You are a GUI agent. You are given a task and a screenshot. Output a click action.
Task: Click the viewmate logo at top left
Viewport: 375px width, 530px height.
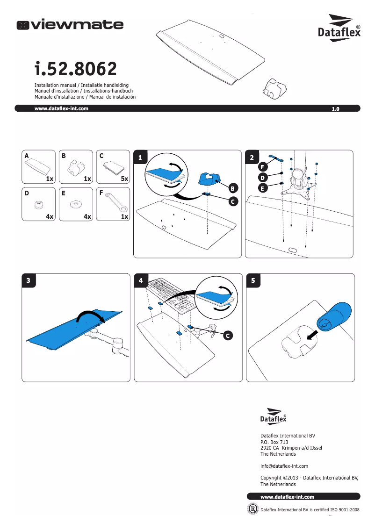70,24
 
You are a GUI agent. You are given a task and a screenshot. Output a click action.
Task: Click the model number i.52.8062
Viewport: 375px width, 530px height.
75,69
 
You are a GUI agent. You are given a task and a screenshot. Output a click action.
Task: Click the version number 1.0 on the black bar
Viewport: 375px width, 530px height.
335,109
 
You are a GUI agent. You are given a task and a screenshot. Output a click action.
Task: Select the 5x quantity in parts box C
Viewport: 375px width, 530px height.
124,179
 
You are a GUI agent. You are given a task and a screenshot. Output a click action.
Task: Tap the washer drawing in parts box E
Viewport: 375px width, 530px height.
75,204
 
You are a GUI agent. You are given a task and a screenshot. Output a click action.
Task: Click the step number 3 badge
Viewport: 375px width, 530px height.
29,280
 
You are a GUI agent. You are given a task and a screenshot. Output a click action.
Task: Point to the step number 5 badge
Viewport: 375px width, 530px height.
253,280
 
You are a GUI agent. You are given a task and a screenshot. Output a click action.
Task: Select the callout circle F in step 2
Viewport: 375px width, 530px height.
263,166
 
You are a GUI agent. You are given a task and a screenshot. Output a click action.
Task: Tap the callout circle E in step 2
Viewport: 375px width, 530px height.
263,188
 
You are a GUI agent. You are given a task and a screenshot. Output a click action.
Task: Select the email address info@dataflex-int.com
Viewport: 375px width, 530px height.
284,466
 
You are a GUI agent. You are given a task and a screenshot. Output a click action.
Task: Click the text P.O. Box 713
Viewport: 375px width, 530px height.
274,442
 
